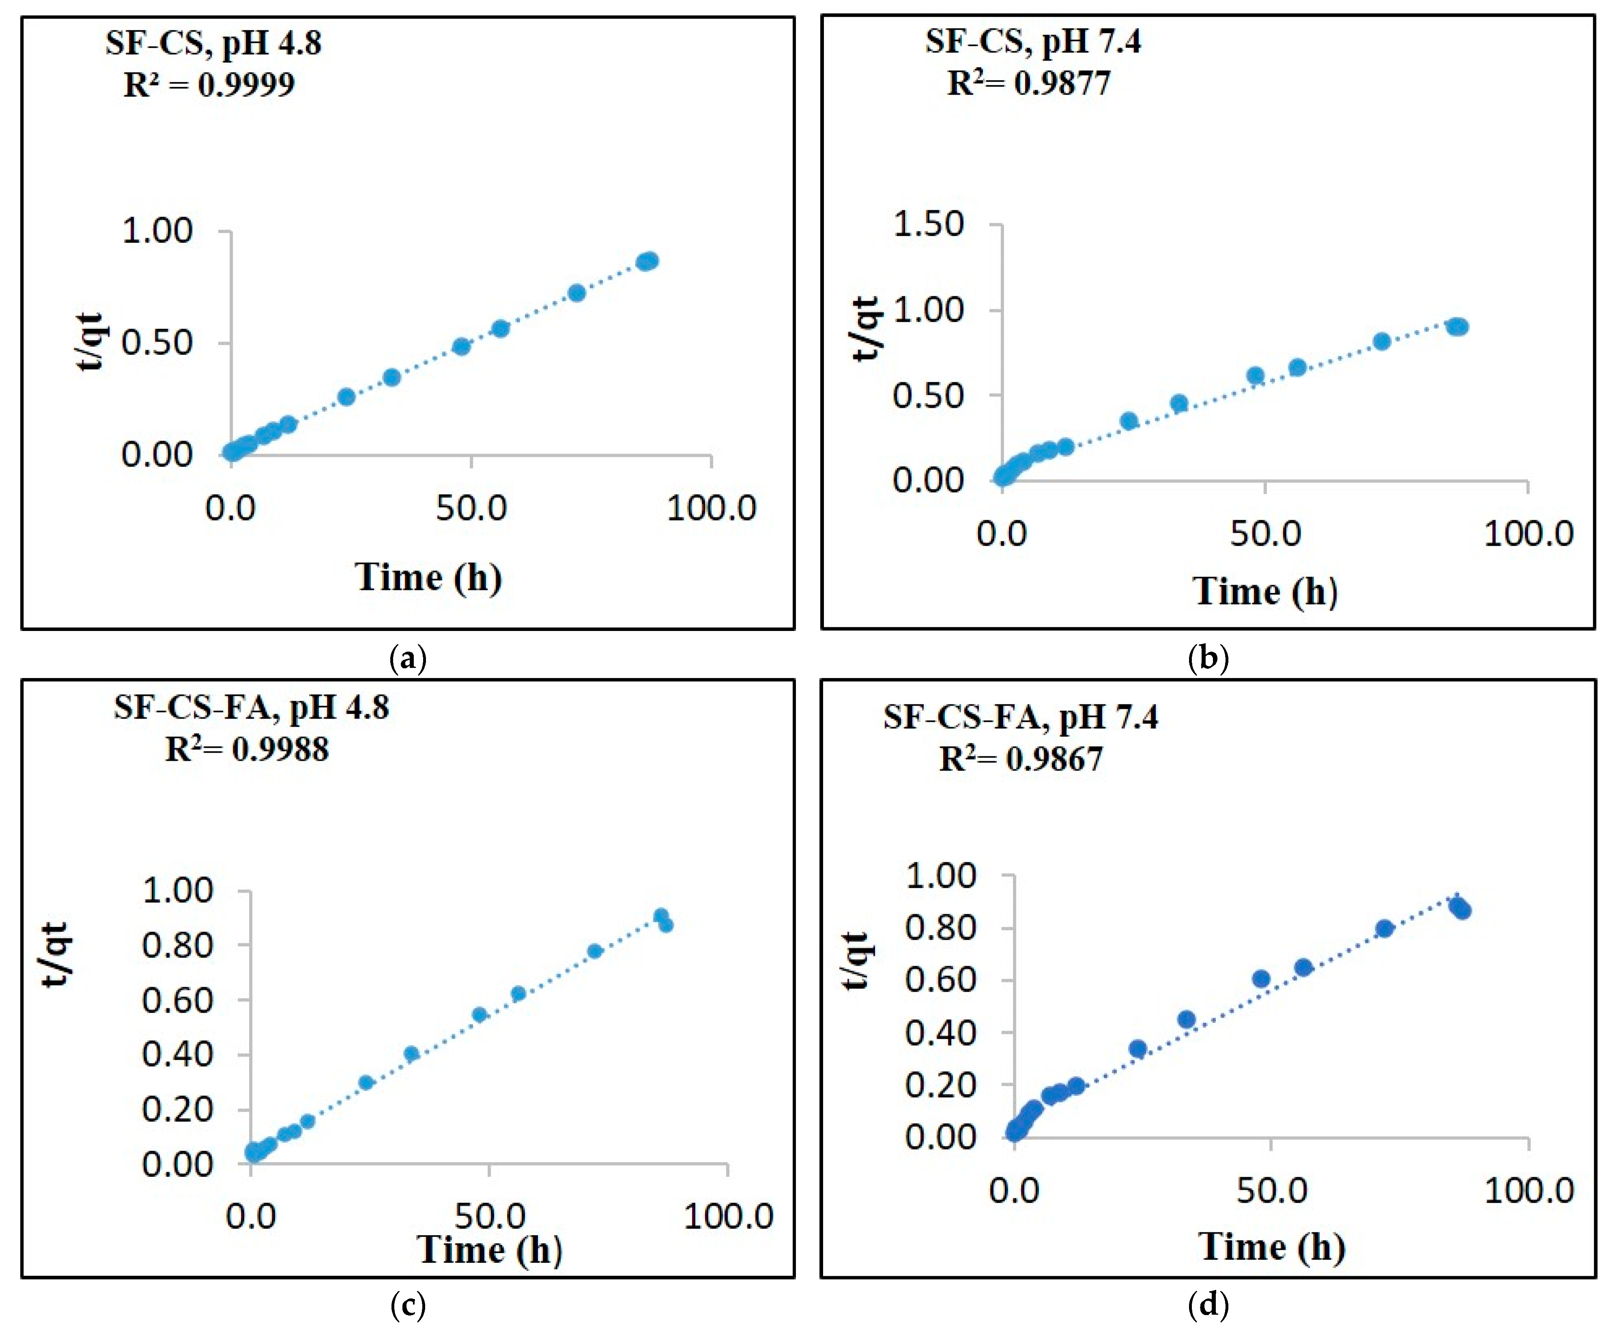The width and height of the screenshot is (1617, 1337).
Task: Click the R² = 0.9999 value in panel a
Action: [x=209, y=84]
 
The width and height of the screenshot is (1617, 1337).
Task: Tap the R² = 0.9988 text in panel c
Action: [x=247, y=749]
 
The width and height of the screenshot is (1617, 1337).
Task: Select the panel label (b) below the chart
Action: [x=1208, y=659]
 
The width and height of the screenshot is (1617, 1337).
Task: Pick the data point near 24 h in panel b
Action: [x=1129, y=420]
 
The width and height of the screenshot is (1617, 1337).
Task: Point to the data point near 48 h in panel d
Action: [x=1260, y=979]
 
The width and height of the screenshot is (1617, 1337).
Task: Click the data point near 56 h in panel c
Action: [x=518, y=993]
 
